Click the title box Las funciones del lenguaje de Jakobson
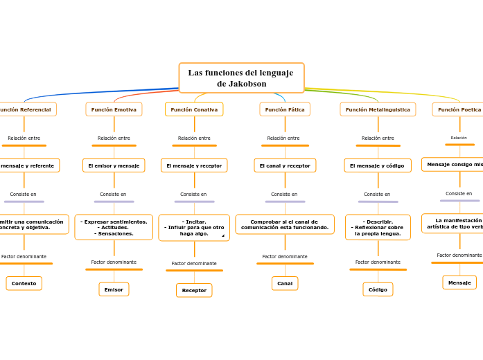pyautogui.click(x=241, y=78)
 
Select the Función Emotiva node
pyautogui.click(x=114, y=109)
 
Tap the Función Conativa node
pyautogui.click(x=194, y=109)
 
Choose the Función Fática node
pyautogui.click(x=285, y=109)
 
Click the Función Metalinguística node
pyautogui.click(x=378, y=109)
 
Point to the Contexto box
pyautogui.click(x=24, y=283)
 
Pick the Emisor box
pyautogui.click(x=114, y=289)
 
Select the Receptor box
pyautogui.click(x=194, y=290)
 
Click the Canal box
pyautogui.click(x=285, y=283)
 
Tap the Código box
pyautogui.click(x=378, y=289)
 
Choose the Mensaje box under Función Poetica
pyautogui.click(x=459, y=282)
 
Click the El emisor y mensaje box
pyautogui.click(x=114, y=165)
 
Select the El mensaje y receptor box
pyautogui.click(x=194, y=165)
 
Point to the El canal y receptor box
pyautogui.click(x=285, y=165)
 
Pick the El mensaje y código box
pyautogui.click(x=378, y=165)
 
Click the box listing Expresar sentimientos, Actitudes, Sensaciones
pyautogui.click(x=114, y=227)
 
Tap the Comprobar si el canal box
pyautogui.click(x=285, y=224)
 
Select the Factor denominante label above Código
pyautogui.click(x=378, y=262)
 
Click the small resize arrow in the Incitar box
pyautogui.click(x=223, y=236)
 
